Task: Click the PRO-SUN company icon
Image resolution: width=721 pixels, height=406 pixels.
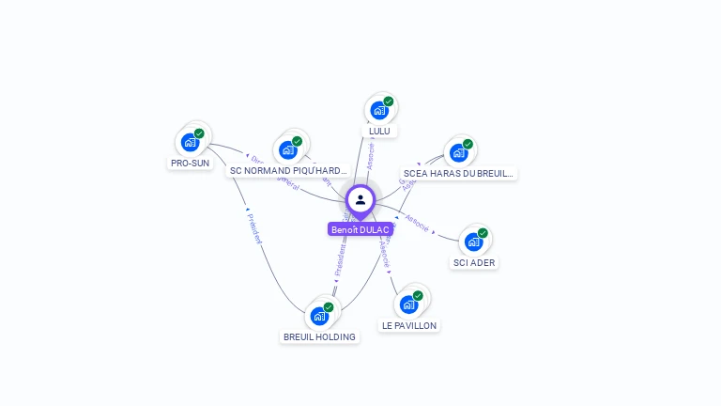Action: point(191,143)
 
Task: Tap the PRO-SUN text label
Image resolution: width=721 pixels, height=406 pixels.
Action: point(190,164)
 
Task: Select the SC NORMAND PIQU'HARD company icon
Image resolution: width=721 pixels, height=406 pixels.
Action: point(288,150)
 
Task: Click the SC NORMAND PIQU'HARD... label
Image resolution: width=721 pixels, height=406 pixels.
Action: point(288,171)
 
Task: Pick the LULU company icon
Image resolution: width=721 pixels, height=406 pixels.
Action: point(379,111)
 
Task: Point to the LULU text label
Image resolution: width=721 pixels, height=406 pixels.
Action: point(379,131)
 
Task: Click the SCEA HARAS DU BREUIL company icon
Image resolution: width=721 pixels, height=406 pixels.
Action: point(459,153)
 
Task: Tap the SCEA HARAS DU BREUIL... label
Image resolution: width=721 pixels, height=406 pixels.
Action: point(458,174)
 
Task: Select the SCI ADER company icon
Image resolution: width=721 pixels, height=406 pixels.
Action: point(474,242)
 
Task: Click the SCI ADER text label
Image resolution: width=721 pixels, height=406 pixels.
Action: point(474,262)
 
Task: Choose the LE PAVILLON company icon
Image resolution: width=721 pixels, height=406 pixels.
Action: point(409,304)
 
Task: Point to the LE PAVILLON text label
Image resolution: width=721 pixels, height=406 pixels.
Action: point(408,325)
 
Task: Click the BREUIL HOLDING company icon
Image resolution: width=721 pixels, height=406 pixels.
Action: point(319,316)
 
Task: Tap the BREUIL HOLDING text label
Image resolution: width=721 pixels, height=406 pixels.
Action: point(319,336)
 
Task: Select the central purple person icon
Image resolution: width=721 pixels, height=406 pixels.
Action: point(360,200)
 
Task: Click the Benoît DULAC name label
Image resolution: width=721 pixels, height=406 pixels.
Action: point(360,229)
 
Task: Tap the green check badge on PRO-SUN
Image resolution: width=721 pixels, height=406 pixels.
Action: point(199,133)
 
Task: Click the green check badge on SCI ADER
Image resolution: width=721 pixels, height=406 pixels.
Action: point(483,233)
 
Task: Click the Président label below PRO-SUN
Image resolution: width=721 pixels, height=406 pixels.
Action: point(253,228)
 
